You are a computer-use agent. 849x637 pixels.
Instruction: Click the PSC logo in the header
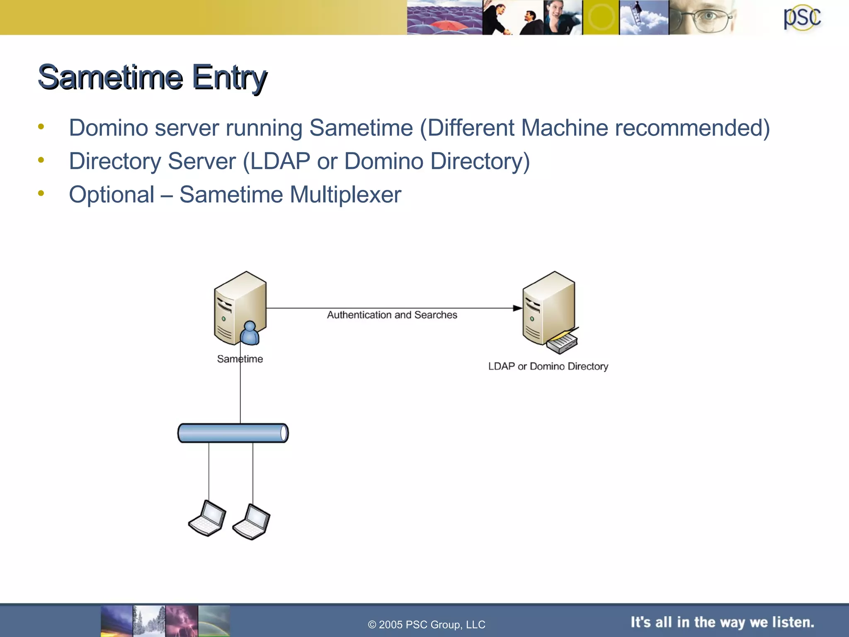(802, 18)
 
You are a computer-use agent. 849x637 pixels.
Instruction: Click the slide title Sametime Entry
(152, 77)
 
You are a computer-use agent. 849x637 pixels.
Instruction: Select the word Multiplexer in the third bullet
(345, 195)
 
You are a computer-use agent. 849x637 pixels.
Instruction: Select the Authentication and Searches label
(392, 315)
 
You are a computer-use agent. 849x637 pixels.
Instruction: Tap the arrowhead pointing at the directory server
(517, 308)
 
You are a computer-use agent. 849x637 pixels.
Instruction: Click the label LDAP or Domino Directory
(548, 367)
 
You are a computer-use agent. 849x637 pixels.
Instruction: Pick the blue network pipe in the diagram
(233, 433)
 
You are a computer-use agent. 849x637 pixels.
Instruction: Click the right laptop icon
(252, 522)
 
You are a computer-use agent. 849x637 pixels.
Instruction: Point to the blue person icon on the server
(250, 333)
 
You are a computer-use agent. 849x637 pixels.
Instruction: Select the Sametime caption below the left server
(240, 359)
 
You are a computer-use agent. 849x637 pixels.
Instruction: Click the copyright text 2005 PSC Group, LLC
(427, 625)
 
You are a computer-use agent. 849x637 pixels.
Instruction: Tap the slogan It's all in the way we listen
(722, 622)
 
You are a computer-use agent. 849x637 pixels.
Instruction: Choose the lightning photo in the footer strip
(182, 621)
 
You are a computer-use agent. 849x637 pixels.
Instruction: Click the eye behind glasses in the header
(709, 17)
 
